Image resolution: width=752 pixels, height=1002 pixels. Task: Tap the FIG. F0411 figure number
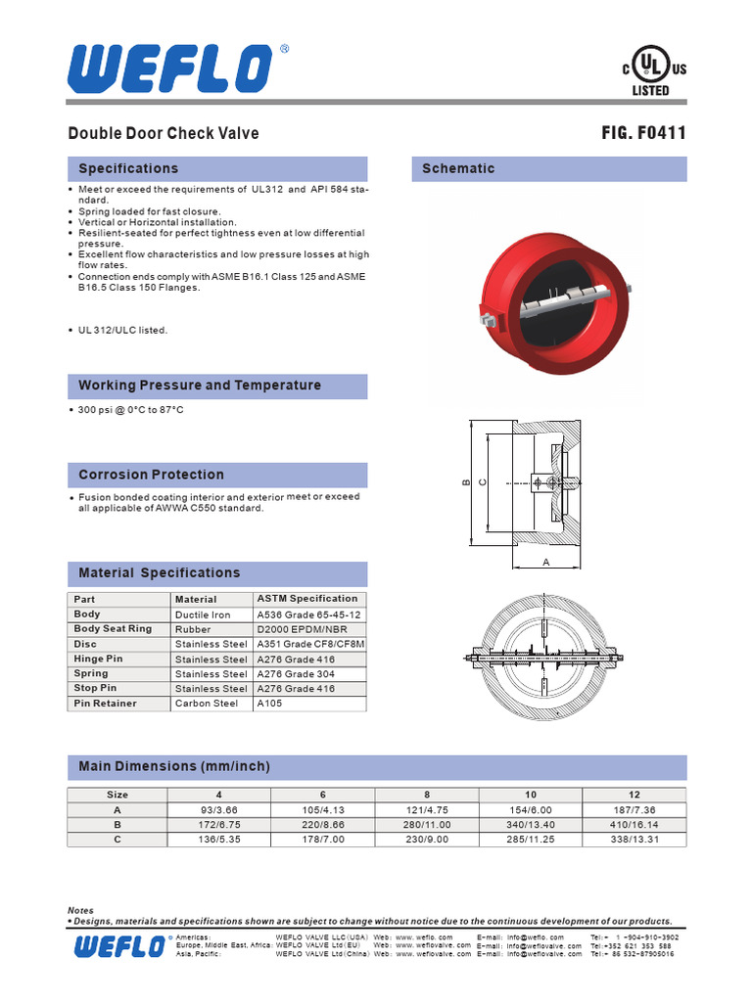click(643, 133)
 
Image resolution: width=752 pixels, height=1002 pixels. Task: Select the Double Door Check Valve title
click(164, 133)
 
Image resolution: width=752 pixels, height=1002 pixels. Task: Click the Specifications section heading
click(128, 168)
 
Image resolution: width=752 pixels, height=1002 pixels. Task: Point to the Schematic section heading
click(458, 168)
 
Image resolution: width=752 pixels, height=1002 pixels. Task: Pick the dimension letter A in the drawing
click(546, 562)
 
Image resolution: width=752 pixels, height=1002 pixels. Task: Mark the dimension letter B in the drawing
click(467, 482)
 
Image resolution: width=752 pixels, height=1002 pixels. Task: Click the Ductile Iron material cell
click(203, 615)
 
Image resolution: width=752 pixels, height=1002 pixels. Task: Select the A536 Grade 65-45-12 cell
click(308, 615)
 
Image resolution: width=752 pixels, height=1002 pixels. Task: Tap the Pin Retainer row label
click(106, 704)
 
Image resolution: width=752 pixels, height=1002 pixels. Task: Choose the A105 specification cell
click(269, 704)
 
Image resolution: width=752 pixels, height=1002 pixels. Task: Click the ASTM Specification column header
click(307, 598)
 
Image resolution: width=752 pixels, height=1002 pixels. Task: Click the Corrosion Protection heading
click(151, 475)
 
